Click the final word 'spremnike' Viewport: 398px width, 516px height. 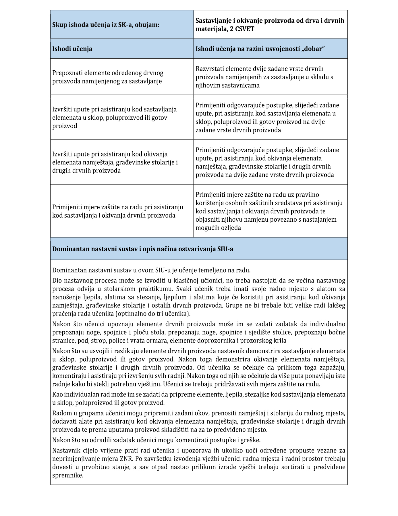[68, 475]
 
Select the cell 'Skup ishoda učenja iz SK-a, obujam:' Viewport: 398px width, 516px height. [106, 25]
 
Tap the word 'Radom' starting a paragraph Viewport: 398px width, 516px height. [60, 413]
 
